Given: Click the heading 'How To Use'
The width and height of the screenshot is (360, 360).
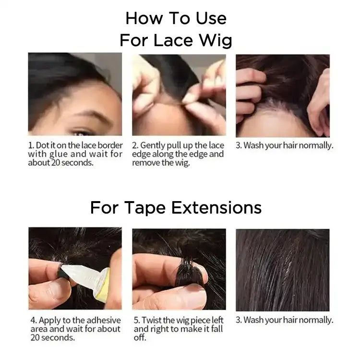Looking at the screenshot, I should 176,18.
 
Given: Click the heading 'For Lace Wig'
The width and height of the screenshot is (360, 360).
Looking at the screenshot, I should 176,40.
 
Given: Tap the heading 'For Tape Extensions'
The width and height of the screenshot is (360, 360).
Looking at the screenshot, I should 176,208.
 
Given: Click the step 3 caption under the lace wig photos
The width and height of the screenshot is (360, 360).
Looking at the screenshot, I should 284,145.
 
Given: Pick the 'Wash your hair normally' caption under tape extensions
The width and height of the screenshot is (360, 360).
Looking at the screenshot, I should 284,320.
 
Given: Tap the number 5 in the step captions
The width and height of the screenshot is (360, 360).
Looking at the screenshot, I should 136,320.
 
